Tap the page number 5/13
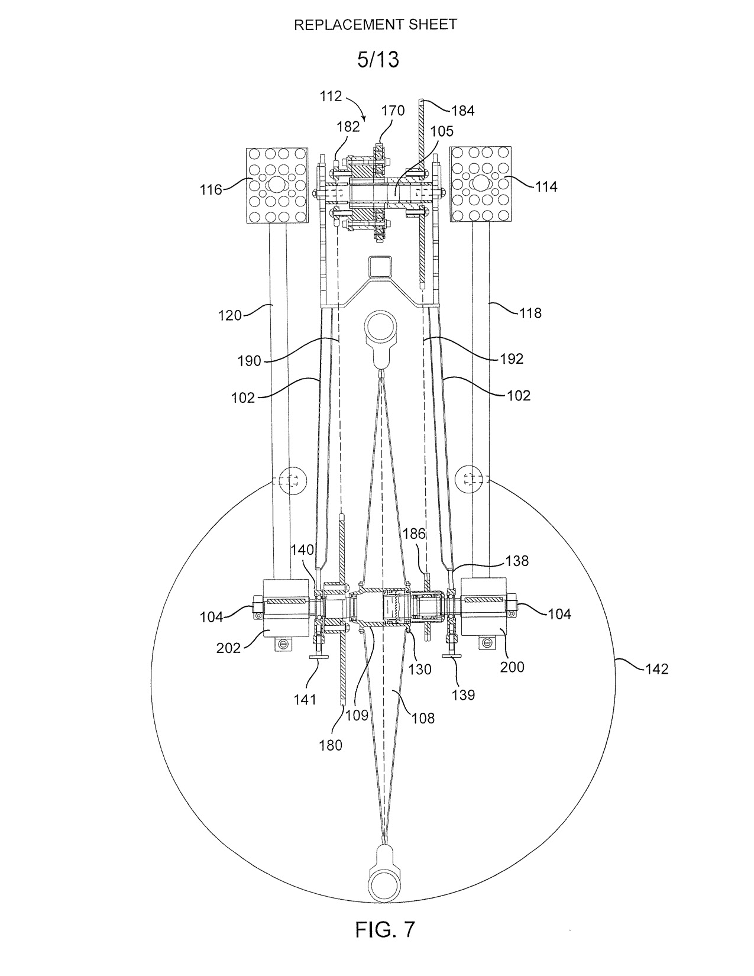coord(378,60)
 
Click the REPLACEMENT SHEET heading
coord(376,25)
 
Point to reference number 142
coord(656,669)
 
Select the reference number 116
coord(211,190)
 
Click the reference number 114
coord(546,187)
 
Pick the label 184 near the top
coord(463,111)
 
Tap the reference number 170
coord(393,111)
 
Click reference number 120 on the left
coord(230,315)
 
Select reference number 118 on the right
coord(530,312)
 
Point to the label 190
coord(249,360)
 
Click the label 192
coord(512,358)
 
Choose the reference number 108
coord(423,718)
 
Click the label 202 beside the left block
coord(229,648)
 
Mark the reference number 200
coord(512,667)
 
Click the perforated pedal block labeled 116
coord(277,185)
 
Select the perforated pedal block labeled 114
coord(481,184)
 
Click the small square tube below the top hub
coord(380,267)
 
